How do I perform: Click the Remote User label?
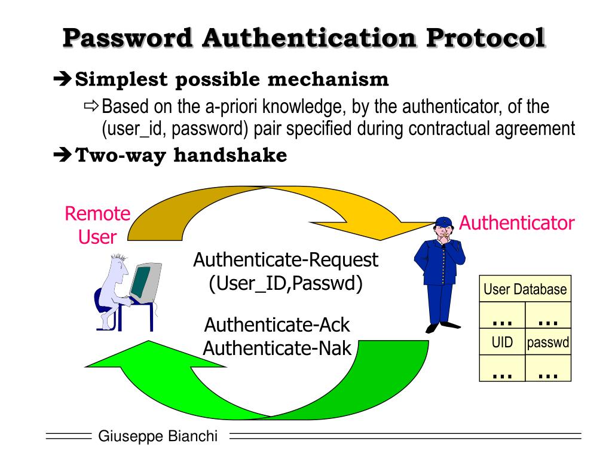point(97,225)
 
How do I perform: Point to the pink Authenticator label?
point(517,224)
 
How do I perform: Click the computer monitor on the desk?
point(145,282)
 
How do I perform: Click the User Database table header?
point(525,289)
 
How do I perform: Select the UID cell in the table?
point(502,343)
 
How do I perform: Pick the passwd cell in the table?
point(548,343)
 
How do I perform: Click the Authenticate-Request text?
point(286,260)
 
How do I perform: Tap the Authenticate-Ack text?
point(277,325)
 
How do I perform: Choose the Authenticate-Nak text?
point(277,347)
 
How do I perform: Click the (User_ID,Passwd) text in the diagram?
point(286,283)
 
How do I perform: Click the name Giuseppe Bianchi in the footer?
point(158,436)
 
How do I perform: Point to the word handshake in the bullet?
point(231,155)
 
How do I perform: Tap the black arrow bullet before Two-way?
point(62,155)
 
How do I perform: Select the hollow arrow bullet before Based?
point(91,107)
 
